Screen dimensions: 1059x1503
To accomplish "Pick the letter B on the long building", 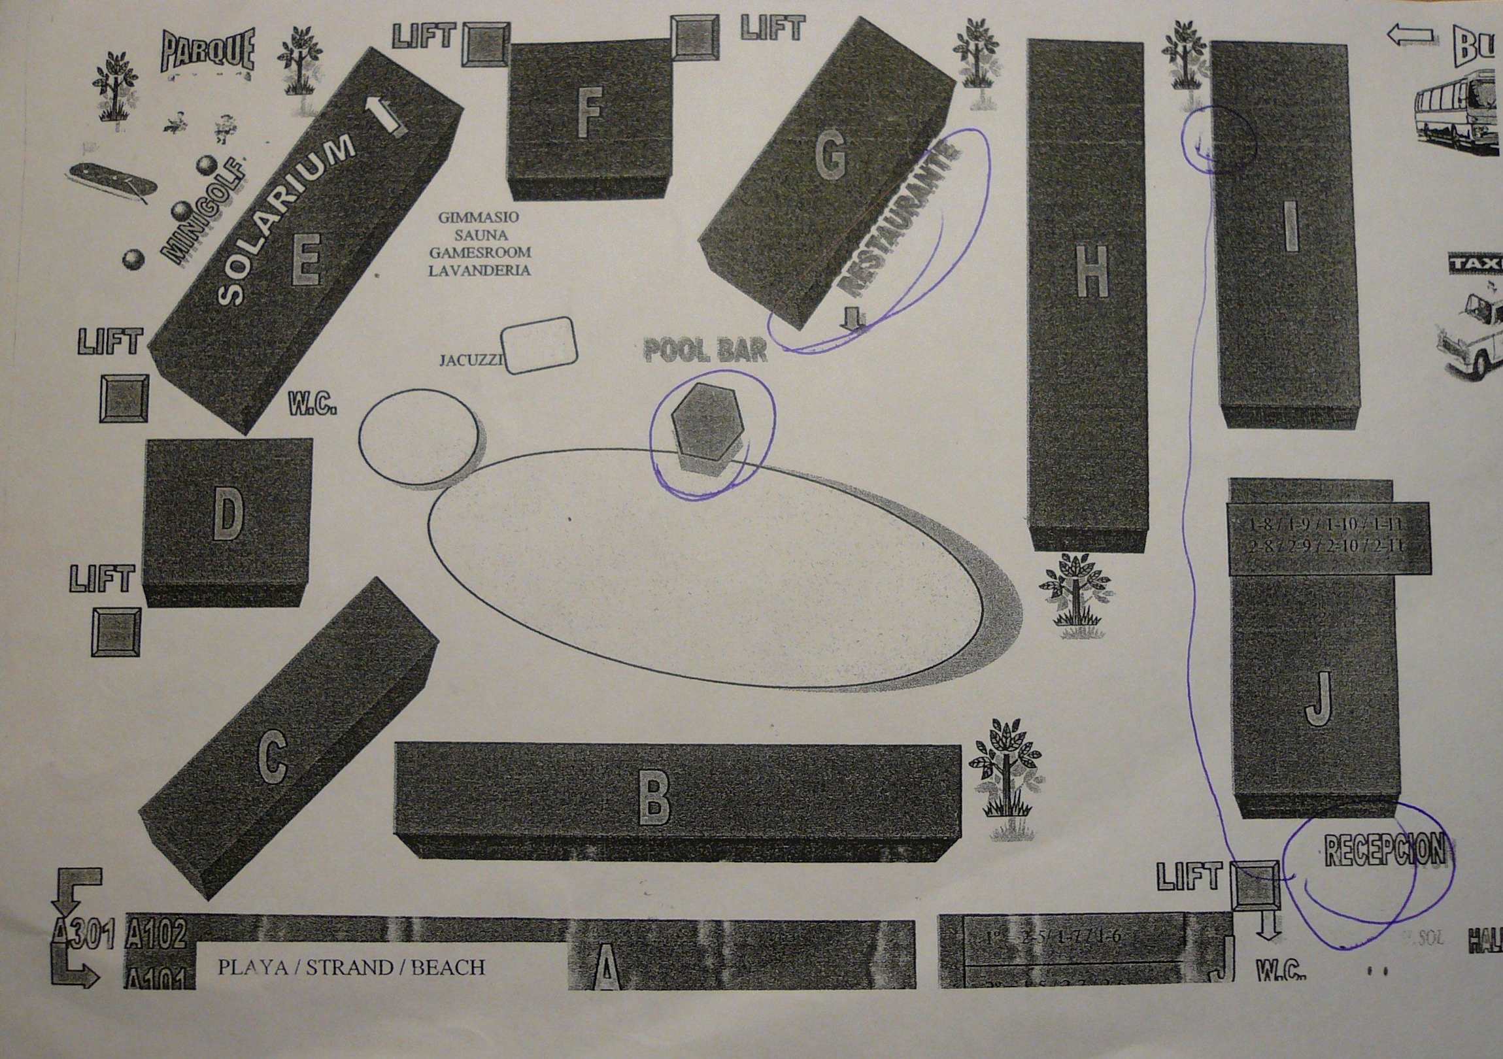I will pyautogui.click(x=654, y=799).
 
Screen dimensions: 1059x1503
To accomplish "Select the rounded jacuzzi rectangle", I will pyautogui.click(x=539, y=346).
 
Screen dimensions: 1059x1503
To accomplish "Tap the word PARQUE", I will pyautogui.click(x=207, y=52).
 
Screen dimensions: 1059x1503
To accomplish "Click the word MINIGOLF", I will pyautogui.click(x=203, y=213).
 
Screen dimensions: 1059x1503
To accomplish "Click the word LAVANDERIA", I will pyautogui.click(x=479, y=271).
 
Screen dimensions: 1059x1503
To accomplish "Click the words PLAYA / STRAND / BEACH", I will pyautogui.click(x=352, y=967).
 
